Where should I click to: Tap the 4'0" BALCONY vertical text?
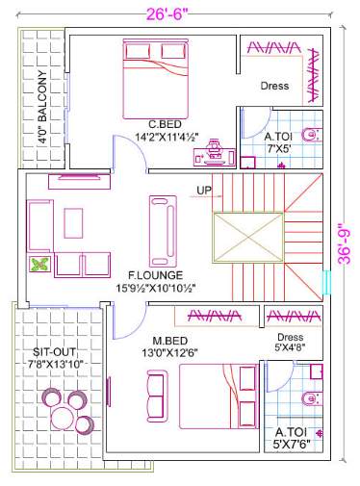42,107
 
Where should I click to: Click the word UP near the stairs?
204,190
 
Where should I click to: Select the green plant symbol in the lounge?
39,265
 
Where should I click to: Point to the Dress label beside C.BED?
274,87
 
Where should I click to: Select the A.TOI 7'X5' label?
284,142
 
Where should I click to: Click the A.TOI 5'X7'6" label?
293,438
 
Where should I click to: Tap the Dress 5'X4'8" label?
289,343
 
